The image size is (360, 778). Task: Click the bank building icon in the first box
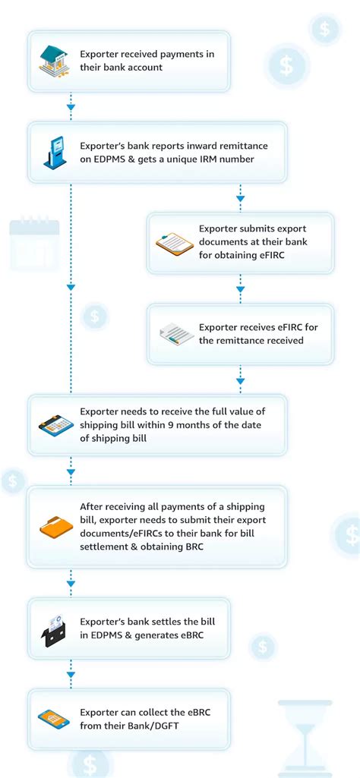point(55,61)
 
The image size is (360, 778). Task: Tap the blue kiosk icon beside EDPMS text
point(55,153)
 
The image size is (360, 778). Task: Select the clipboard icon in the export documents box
point(174,243)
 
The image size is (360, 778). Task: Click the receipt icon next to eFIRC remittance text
point(174,334)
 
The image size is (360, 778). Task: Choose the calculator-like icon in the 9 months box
point(55,424)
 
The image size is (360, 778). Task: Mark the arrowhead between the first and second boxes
point(71,107)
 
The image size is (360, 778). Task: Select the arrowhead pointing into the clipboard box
point(240,199)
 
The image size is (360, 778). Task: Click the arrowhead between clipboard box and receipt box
point(240,289)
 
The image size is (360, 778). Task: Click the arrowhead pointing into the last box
point(71,674)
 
